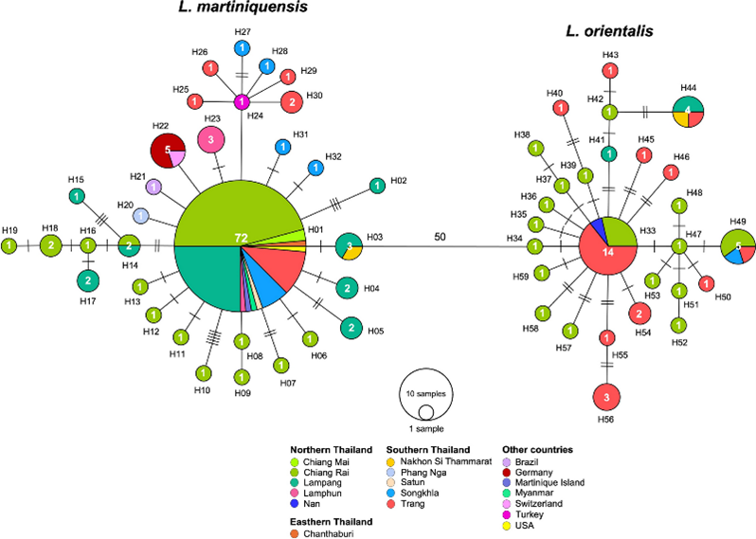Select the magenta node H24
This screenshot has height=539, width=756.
[x=242, y=101]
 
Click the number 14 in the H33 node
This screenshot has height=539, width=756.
[x=607, y=253]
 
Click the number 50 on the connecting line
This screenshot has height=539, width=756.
[x=439, y=236]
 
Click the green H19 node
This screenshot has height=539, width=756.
[x=9, y=246]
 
